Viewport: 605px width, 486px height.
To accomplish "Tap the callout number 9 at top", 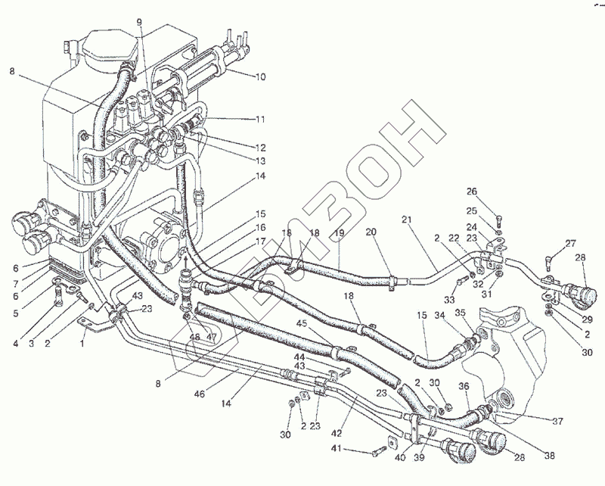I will [x=139, y=22].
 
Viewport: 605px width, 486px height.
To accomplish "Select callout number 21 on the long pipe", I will [x=406, y=220].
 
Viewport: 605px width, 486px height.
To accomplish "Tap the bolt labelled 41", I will [x=377, y=452].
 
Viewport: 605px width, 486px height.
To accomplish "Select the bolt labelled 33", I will [x=461, y=285].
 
